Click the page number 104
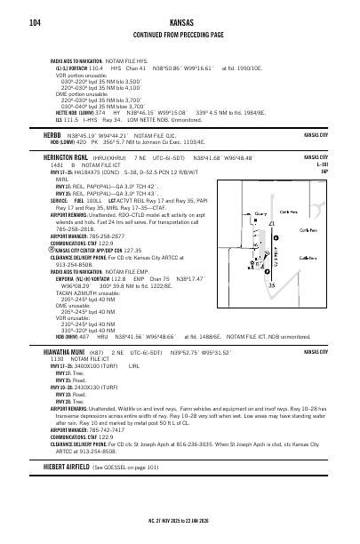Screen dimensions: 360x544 (x=35, y=22)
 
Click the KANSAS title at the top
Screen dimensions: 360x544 (x=181, y=21)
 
